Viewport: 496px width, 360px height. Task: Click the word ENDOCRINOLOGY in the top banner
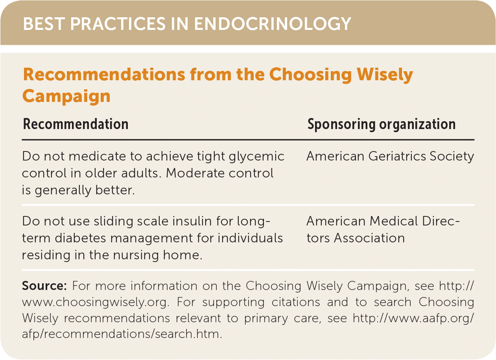273,24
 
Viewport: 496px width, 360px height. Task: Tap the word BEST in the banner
44,24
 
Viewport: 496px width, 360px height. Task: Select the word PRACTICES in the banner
118,24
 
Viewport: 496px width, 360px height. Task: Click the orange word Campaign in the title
66,96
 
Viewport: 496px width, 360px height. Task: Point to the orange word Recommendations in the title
104,74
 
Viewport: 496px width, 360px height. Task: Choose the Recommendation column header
76,124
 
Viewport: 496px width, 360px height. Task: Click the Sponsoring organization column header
382,124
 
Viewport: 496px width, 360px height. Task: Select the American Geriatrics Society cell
390,157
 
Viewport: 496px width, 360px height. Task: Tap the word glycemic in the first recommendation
256,157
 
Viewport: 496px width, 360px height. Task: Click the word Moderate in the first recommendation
195,173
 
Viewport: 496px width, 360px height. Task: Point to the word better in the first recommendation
115,190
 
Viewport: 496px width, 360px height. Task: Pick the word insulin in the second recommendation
192,222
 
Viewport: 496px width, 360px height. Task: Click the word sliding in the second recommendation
113,222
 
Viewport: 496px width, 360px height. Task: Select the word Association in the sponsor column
369,238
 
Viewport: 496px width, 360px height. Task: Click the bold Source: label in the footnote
44,286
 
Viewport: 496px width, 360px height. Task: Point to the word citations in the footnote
296,302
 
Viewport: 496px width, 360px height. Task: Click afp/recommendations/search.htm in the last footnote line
122,334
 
